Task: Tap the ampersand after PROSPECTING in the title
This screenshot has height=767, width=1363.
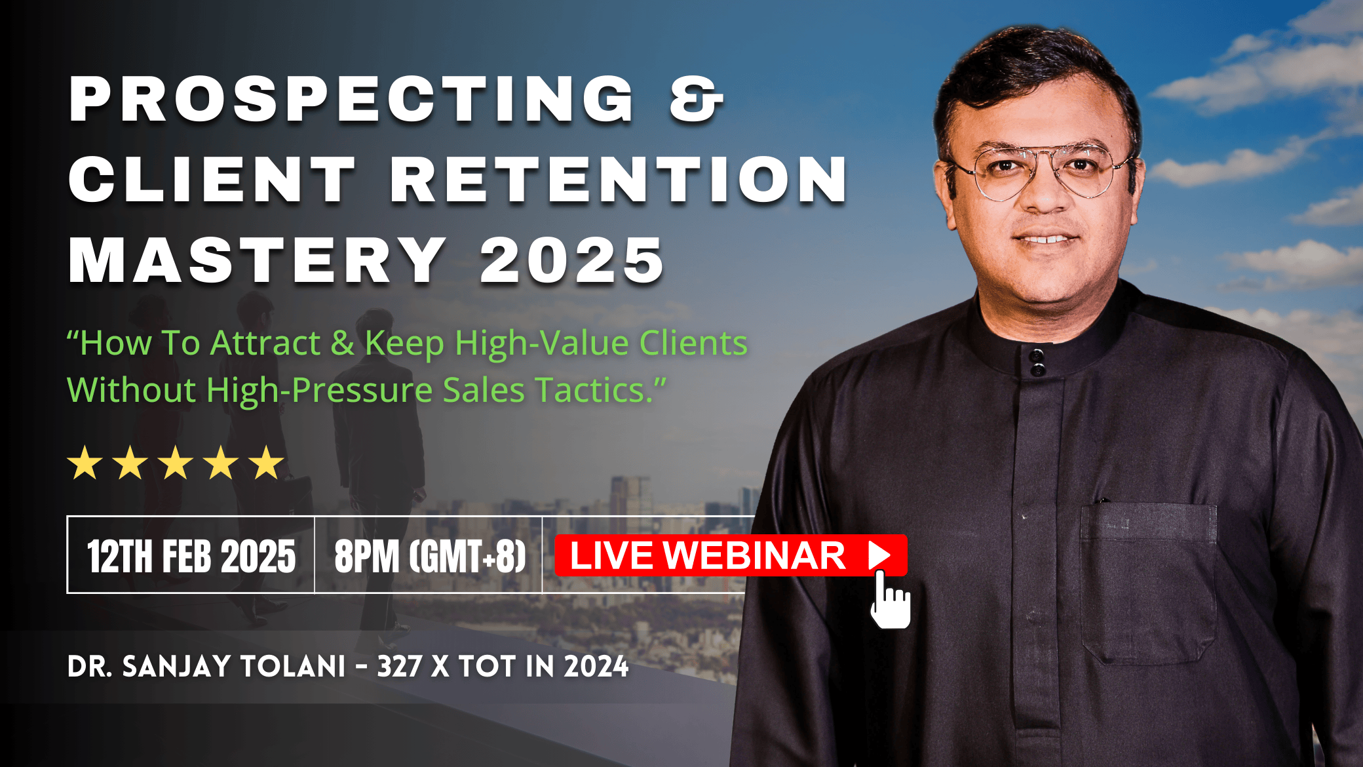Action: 696,99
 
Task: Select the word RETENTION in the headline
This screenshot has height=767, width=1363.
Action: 619,180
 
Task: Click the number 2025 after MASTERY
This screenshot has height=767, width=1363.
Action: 572,260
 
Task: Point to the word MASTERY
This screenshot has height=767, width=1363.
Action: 258,260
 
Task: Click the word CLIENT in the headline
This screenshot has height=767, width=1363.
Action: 212,180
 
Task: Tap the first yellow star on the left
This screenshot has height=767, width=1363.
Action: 85,462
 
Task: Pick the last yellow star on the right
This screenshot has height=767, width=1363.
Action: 267,462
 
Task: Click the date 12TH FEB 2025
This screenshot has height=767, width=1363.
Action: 191,557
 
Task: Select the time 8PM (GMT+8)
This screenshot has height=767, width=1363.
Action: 430,557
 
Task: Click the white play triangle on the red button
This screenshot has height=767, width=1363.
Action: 879,555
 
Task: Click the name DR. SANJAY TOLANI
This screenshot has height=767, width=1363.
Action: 206,666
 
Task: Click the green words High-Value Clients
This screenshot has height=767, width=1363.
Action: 601,343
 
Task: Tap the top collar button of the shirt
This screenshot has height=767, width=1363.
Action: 1036,356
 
